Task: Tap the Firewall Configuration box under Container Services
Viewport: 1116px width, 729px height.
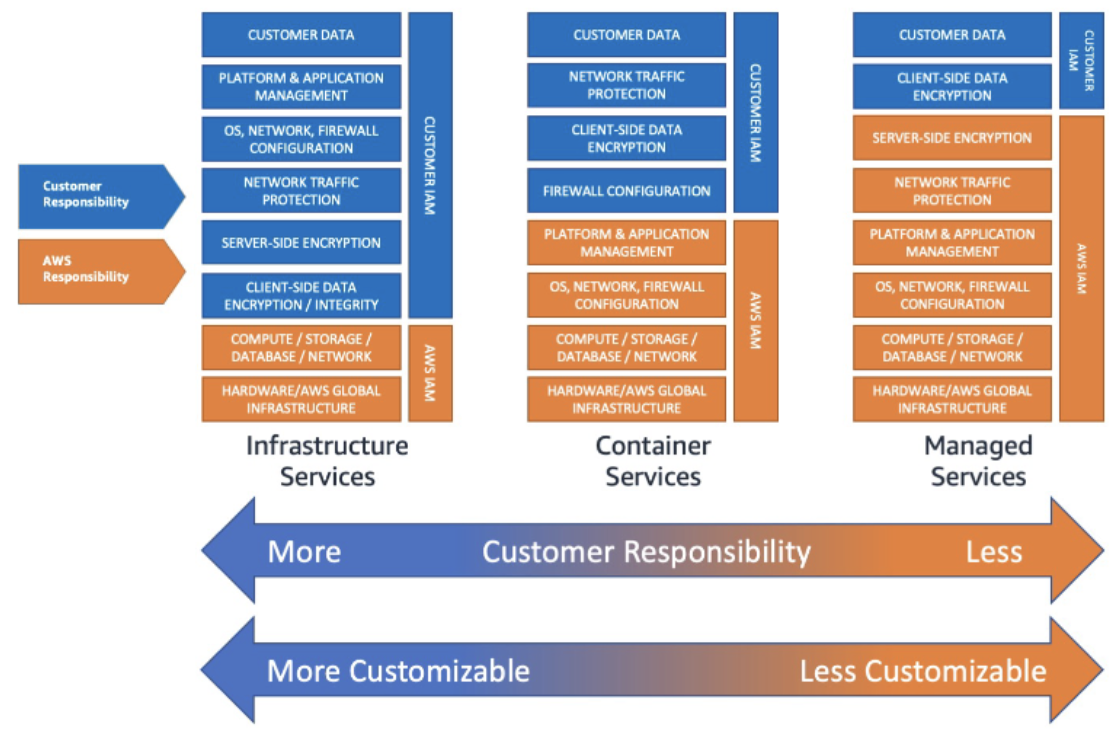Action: [x=626, y=190]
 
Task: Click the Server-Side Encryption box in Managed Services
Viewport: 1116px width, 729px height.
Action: [x=952, y=138]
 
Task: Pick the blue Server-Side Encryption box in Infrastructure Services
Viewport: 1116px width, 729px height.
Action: [x=301, y=242]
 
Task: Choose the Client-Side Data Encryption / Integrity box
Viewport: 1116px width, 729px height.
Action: [x=301, y=296]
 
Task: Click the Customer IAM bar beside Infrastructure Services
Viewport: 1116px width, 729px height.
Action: [x=430, y=165]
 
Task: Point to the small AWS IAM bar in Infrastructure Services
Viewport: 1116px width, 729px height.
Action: [x=430, y=373]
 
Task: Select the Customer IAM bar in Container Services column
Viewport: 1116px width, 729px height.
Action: [x=755, y=112]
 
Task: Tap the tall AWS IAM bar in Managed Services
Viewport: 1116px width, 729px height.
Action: [x=1081, y=269]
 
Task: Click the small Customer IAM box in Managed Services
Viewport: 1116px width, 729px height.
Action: [x=1081, y=61]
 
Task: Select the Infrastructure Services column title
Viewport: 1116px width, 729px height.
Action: [x=327, y=460]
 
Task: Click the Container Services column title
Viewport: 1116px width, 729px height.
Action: [x=653, y=460]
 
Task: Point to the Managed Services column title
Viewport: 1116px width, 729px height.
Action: [x=978, y=460]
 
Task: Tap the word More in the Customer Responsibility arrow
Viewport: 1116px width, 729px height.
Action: [x=304, y=552]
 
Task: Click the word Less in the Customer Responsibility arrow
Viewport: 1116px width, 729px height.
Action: [x=994, y=552]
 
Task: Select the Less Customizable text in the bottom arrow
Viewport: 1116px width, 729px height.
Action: [x=923, y=671]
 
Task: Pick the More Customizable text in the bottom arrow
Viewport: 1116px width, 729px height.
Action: [x=398, y=671]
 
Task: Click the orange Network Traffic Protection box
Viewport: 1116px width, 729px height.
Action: [x=952, y=190]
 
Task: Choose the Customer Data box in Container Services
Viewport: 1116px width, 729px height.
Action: [x=626, y=35]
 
